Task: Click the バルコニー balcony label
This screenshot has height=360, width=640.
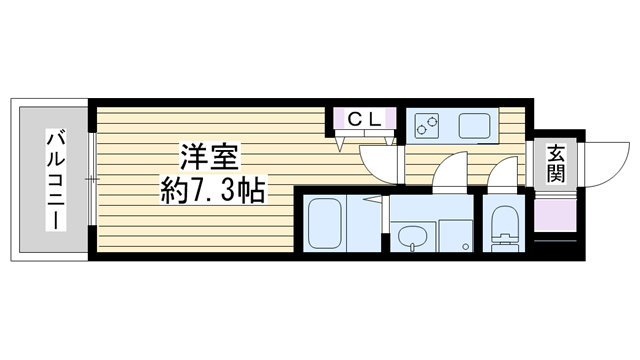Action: point(56,180)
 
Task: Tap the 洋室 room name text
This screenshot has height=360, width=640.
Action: point(210,157)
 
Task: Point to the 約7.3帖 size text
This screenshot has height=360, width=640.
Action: point(213,190)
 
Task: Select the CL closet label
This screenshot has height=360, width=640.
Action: point(364,120)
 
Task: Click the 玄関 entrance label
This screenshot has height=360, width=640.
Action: point(556,164)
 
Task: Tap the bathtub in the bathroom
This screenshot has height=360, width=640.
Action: point(324,223)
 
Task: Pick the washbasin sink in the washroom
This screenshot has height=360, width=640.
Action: point(413,238)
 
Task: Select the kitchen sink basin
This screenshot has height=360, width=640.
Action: point(474,126)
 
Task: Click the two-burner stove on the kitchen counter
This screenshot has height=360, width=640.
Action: point(427,125)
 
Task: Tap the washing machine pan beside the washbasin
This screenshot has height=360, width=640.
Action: point(456,236)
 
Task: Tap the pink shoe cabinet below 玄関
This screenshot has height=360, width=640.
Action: point(555,216)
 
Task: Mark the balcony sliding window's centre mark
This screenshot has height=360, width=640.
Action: point(92,179)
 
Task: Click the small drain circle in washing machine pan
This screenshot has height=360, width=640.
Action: point(465,246)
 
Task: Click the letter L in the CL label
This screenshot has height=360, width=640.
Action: point(376,120)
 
